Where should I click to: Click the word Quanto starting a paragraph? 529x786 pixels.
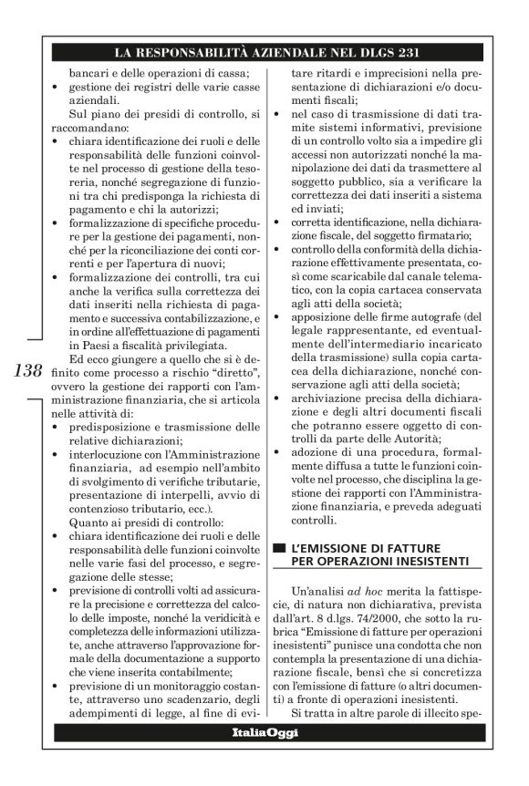point(89,522)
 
